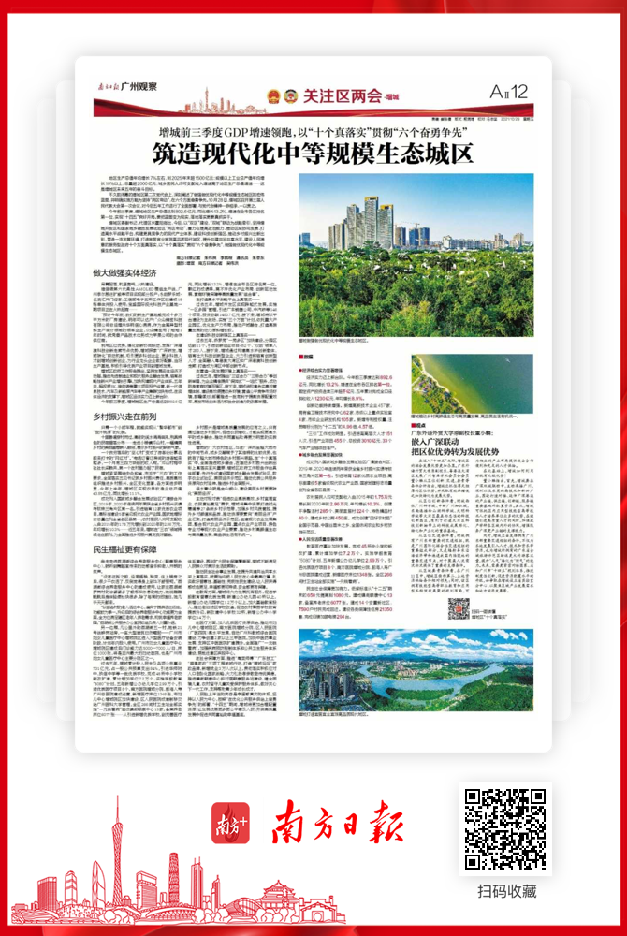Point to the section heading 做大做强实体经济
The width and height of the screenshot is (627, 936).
(124, 272)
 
